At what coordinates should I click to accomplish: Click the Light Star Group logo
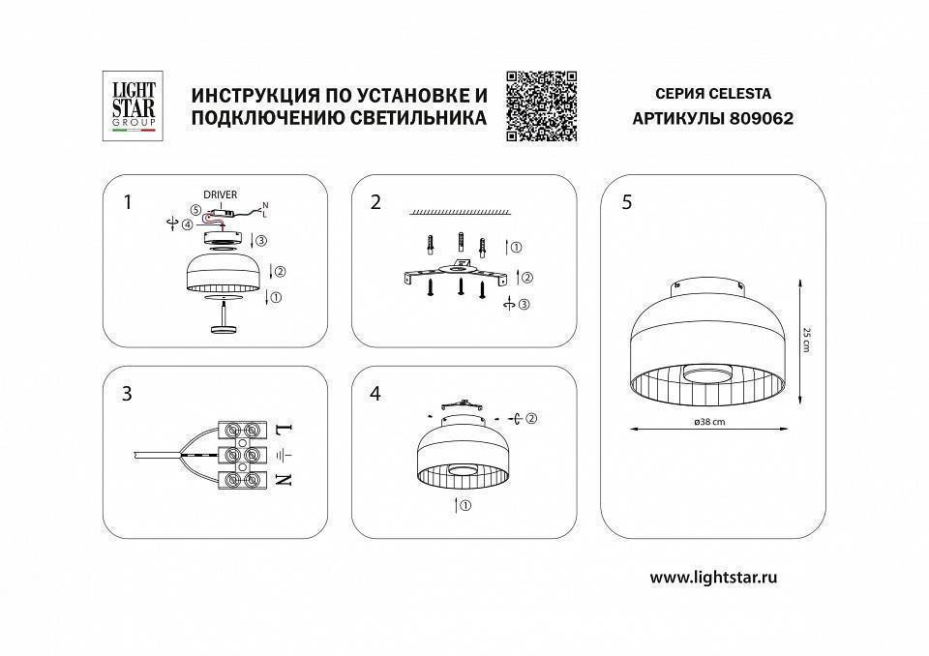coord(129,105)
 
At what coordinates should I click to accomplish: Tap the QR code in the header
coord(541,106)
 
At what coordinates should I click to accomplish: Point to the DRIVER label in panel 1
coord(220,194)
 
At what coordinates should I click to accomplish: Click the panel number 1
coord(127,202)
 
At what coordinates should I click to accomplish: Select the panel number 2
coord(375,202)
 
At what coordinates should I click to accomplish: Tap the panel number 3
coord(127,394)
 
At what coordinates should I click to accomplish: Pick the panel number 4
coord(375,394)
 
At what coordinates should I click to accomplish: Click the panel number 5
coord(627,202)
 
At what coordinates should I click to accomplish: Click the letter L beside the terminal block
coord(283,429)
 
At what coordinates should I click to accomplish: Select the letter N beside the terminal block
coord(283,479)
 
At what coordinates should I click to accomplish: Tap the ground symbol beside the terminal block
coord(282,454)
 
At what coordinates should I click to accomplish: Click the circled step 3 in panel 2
coord(524,305)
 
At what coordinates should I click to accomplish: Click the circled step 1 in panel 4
coord(464,506)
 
